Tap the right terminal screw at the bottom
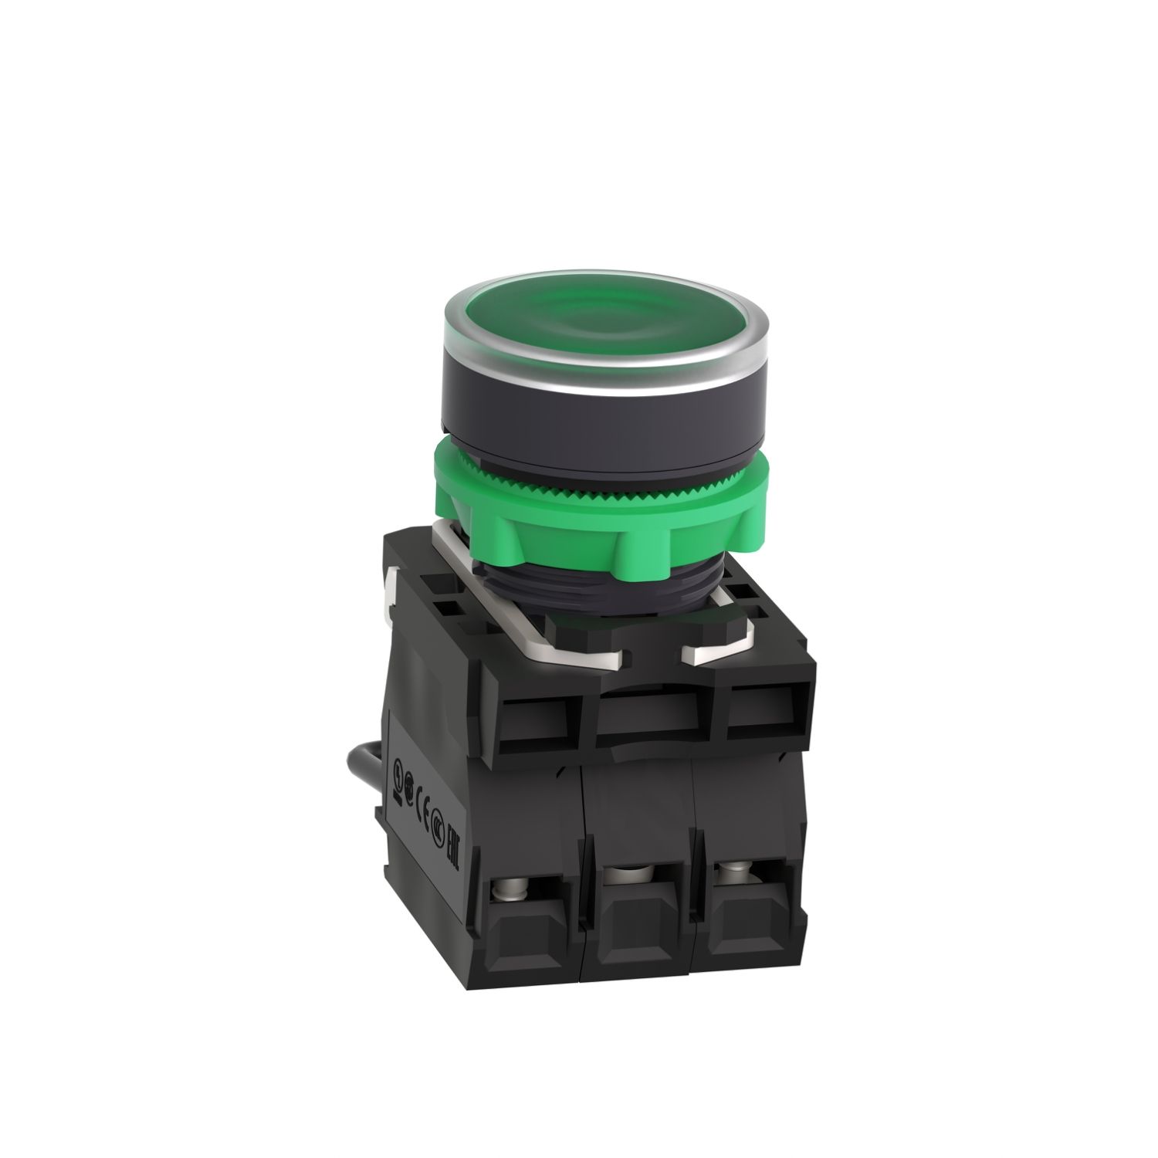click(729, 877)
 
